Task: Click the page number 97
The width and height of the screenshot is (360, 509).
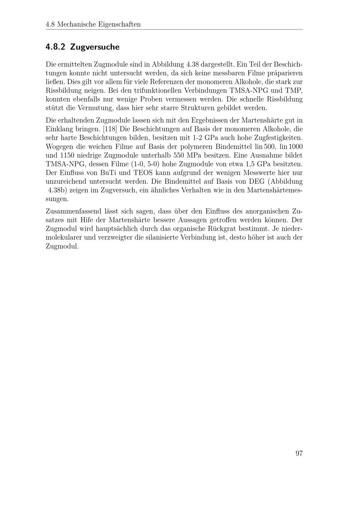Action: (x=299, y=453)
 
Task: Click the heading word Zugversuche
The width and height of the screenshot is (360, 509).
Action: (x=95, y=47)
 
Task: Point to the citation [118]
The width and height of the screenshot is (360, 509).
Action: (x=110, y=129)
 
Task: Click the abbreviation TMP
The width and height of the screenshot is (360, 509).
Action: (x=294, y=90)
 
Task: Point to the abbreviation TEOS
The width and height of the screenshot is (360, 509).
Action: (x=144, y=173)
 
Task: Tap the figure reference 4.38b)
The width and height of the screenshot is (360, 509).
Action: (x=58, y=190)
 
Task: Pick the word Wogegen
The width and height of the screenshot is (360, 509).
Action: (x=59, y=147)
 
